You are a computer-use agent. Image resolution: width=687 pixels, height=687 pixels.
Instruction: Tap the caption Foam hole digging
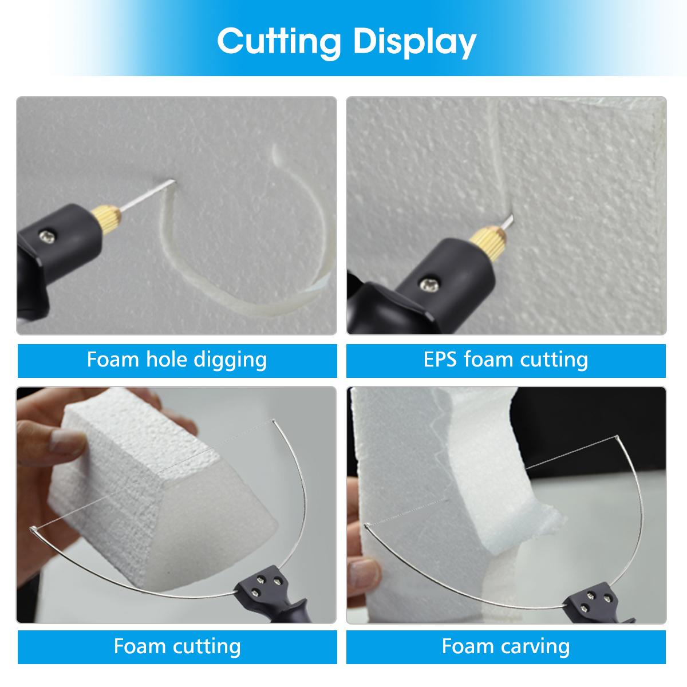tap(177, 360)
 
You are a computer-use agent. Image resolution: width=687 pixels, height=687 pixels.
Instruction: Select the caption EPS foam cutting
tap(506, 360)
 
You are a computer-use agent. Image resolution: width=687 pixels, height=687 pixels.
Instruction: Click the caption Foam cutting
tap(177, 646)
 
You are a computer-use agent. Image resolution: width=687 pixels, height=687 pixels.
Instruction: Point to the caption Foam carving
tap(506, 646)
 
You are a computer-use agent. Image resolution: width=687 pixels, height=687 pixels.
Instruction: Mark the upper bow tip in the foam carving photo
tap(617, 439)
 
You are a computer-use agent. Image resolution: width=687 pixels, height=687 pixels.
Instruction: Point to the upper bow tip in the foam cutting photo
tap(275, 423)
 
